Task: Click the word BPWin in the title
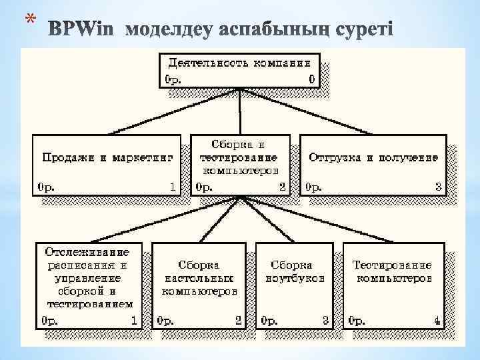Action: coord(83,29)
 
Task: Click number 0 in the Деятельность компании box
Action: coord(311,80)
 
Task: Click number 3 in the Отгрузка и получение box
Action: coord(438,187)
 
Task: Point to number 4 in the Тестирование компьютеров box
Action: coord(437,321)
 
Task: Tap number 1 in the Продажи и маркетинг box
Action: coord(173,187)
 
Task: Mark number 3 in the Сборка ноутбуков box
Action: coord(326,321)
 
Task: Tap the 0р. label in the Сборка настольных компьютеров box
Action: coord(165,321)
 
